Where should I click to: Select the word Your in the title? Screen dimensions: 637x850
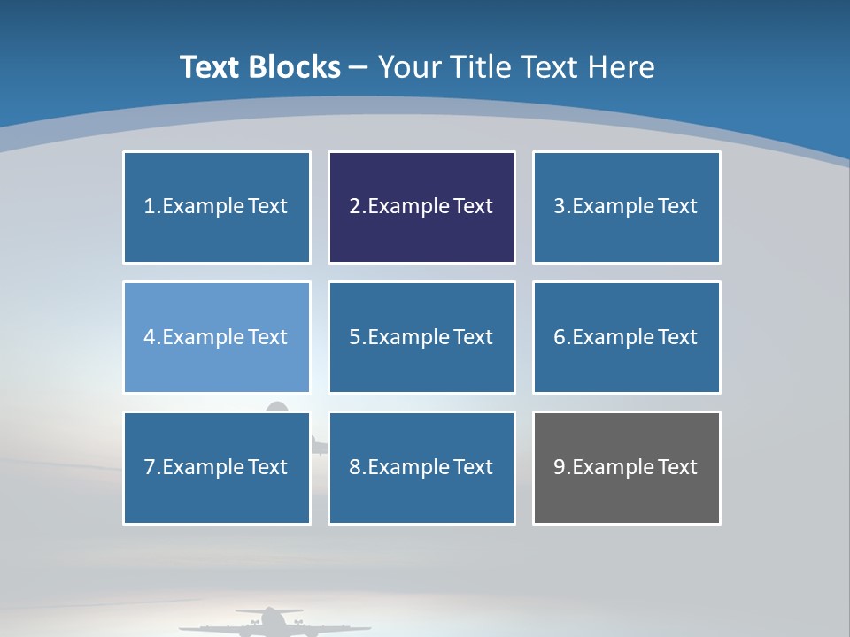[411, 67]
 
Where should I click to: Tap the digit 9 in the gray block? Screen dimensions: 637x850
[560, 467]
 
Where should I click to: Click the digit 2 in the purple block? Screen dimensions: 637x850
[354, 206]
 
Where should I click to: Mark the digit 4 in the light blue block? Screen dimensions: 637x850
[150, 337]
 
